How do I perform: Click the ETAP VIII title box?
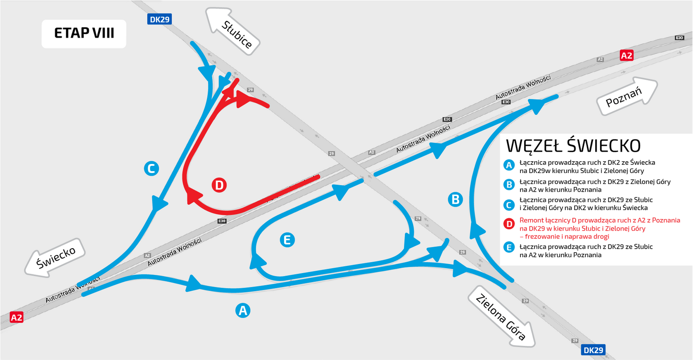tap(84, 34)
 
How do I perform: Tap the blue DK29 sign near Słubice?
tap(159, 19)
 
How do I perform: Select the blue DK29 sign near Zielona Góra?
tap(593, 350)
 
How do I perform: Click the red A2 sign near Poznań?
tap(626, 55)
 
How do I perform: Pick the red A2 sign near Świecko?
tap(16, 317)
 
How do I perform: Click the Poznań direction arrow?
tap(626, 96)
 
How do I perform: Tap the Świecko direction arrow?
tap(55, 258)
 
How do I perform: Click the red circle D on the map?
tap(219, 185)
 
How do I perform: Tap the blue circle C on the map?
tap(151, 168)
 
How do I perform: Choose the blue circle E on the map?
tap(287, 240)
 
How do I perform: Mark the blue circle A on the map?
tap(243, 310)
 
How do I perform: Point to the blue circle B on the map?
tap(455, 200)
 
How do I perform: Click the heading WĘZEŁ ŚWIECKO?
tap(573, 145)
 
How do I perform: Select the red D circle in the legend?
tap(509, 224)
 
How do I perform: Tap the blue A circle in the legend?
tap(509, 165)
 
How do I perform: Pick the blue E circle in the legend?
tap(509, 247)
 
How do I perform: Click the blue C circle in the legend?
tap(509, 205)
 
